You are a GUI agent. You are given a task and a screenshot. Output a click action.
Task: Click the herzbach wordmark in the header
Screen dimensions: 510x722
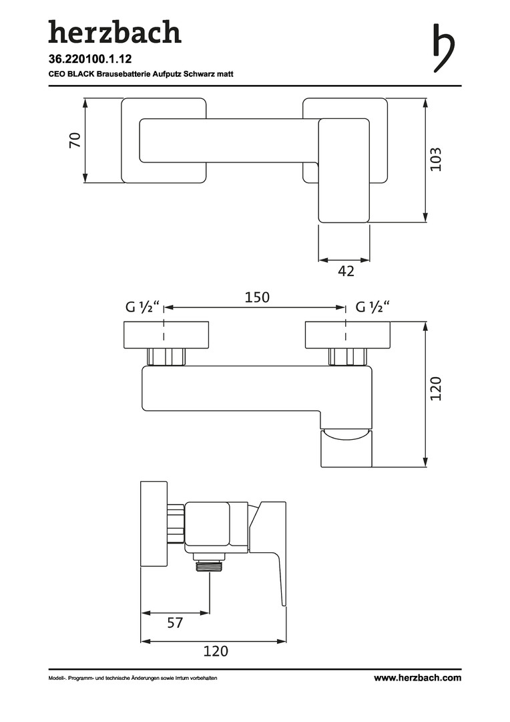point(115,32)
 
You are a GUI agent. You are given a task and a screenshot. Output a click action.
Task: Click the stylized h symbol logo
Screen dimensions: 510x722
point(443,48)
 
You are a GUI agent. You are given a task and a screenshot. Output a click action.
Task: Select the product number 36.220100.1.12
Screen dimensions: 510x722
point(90,59)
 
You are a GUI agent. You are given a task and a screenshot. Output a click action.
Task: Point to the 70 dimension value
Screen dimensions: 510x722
point(75,140)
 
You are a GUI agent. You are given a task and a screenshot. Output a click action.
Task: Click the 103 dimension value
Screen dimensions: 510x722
point(435,159)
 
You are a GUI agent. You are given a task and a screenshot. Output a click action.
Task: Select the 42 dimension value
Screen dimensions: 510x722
point(346,271)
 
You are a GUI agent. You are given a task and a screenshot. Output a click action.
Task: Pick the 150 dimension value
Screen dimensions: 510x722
point(256,297)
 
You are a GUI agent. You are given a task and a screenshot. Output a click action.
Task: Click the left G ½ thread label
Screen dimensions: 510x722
point(143,306)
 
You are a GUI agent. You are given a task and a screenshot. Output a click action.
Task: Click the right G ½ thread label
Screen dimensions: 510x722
point(373,306)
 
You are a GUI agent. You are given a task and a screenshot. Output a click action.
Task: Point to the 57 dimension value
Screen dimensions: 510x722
point(175,623)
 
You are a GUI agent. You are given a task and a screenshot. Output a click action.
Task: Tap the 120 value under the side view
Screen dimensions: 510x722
point(216,651)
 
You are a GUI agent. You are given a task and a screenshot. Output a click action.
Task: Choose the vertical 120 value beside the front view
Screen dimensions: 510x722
point(435,388)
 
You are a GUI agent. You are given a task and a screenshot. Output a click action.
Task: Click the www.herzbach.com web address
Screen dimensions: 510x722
point(417,678)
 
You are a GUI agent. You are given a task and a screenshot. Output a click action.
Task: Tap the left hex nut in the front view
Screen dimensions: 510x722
point(166,357)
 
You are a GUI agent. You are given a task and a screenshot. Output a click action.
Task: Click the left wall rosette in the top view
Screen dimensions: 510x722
point(164,140)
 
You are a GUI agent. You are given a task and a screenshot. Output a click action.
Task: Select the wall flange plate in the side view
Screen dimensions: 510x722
point(154,525)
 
